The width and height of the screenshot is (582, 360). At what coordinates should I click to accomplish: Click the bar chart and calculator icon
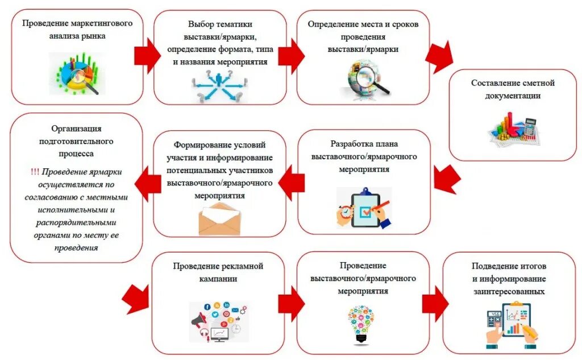click(x=513, y=129)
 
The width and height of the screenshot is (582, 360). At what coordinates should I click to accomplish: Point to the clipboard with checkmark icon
click(x=364, y=207)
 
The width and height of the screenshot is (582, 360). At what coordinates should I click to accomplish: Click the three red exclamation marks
click(x=35, y=171)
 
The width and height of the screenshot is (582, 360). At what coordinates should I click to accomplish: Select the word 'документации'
click(x=513, y=96)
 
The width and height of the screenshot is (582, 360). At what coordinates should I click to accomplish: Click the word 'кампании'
click(x=219, y=279)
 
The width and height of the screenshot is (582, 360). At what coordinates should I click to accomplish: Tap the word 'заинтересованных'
click(x=509, y=292)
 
